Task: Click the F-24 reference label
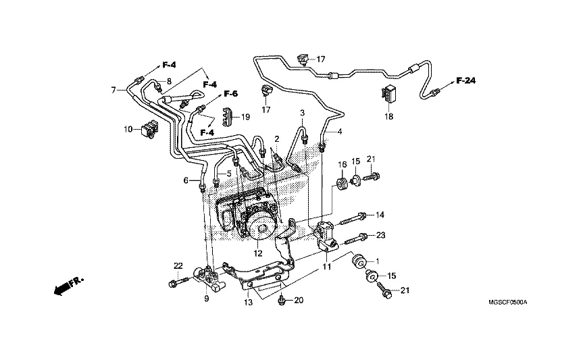(x=465, y=81)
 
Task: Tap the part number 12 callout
(x=257, y=254)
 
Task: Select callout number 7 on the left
(x=114, y=89)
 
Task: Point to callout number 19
(x=245, y=117)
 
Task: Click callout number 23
(x=380, y=236)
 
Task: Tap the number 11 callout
(x=326, y=267)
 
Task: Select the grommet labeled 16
(x=342, y=183)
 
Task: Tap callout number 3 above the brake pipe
(x=303, y=112)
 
